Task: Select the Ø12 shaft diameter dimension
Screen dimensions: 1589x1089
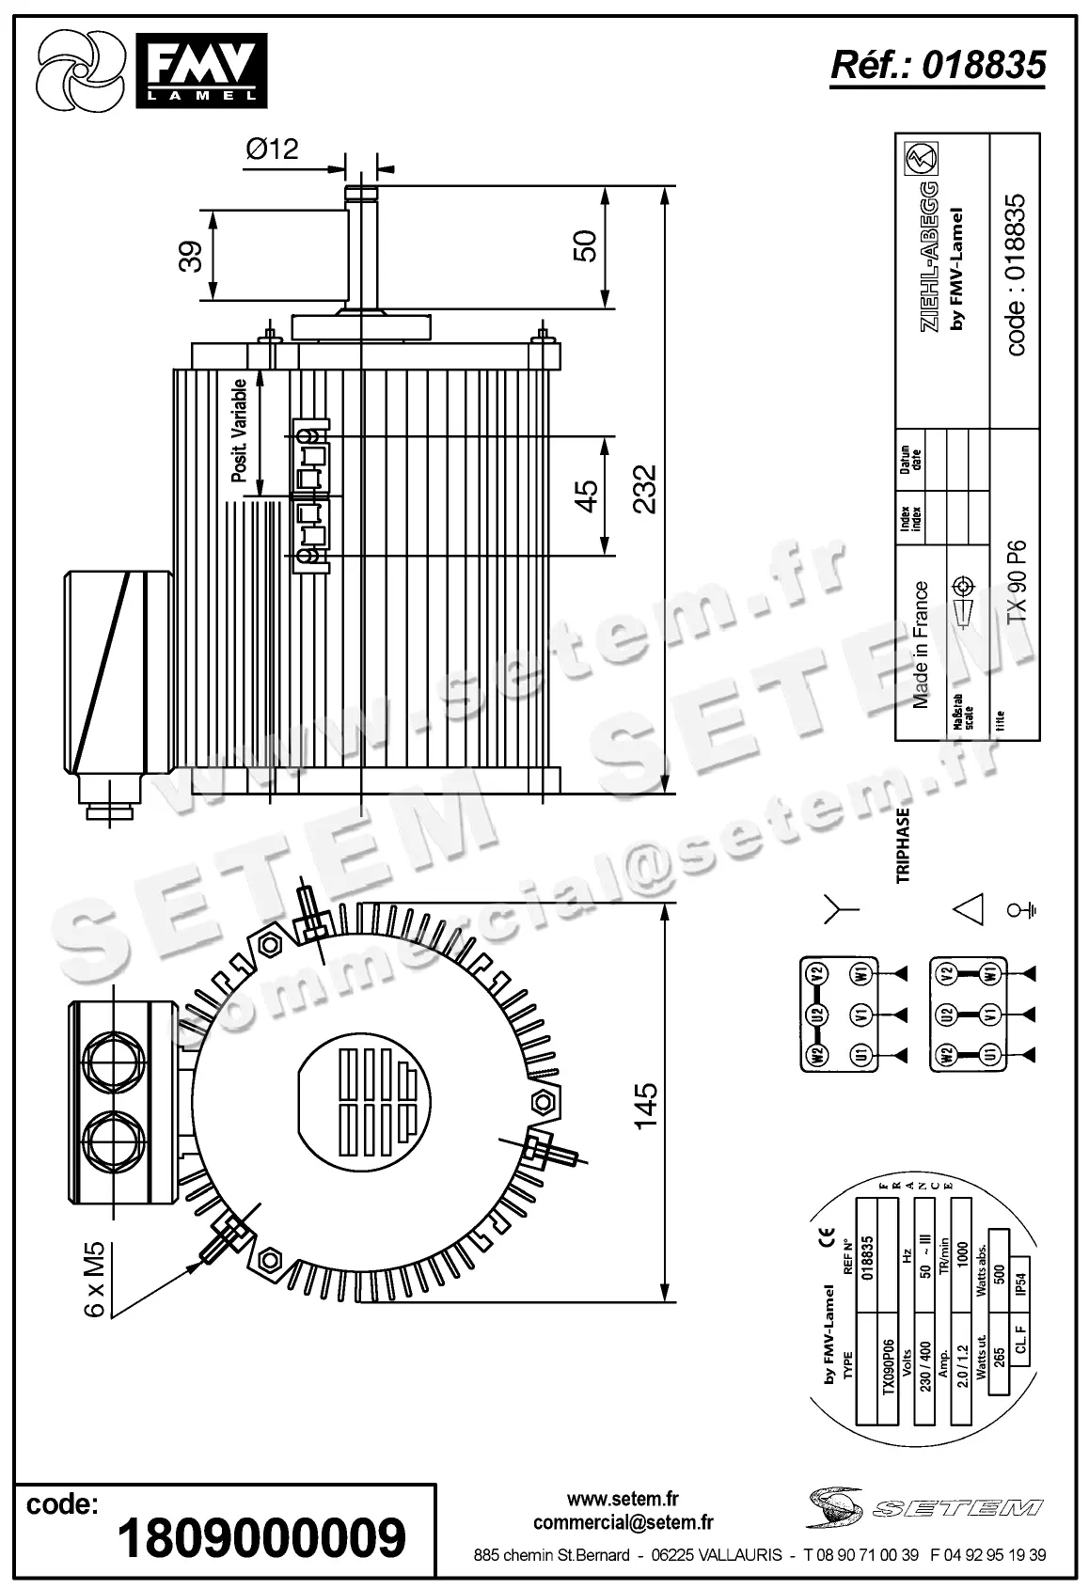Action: (x=272, y=149)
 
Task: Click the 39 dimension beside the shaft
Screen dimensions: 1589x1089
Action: (x=191, y=256)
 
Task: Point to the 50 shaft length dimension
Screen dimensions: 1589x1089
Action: (x=584, y=246)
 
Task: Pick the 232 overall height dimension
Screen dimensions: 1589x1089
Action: (x=644, y=488)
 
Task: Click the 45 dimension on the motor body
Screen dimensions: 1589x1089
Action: (x=584, y=495)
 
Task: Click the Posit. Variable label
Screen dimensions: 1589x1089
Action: (x=240, y=431)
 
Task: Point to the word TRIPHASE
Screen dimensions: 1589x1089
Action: (x=903, y=844)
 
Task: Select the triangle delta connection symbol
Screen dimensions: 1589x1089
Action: (x=969, y=909)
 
